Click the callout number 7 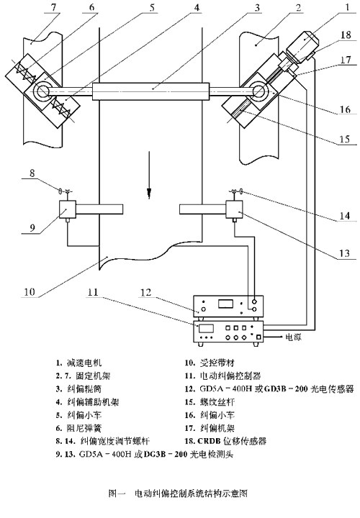tap(54, 7)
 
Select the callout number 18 tap(346, 35)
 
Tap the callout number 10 tap(29, 291)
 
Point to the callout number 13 tap(344, 253)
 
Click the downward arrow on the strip tap(149, 175)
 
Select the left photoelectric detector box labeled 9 tap(68, 209)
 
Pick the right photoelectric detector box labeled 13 tap(234, 209)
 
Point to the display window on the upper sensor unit tap(225, 304)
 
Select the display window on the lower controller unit tap(206, 328)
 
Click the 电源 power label tap(294, 337)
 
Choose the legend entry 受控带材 tap(217, 363)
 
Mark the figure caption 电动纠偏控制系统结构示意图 tap(191, 494)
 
